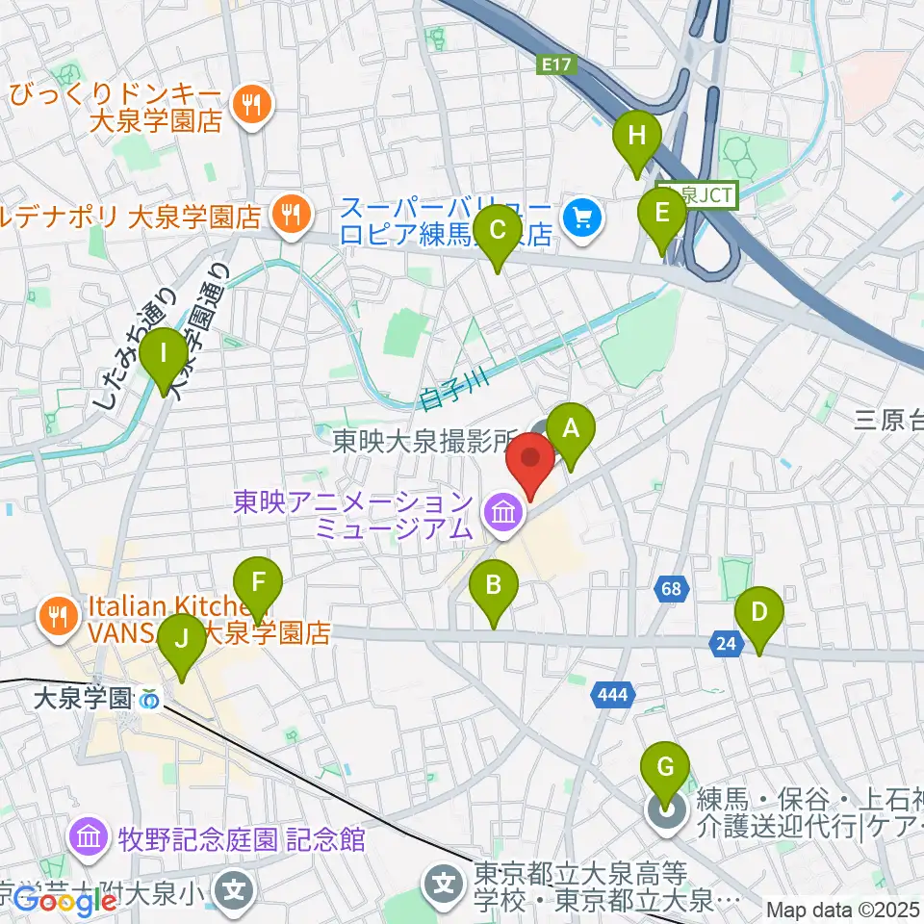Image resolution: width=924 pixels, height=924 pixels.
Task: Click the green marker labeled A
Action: point(571,427)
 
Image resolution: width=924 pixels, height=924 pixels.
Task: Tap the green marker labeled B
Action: point(494,585)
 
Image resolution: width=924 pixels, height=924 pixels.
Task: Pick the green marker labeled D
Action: point(759,612)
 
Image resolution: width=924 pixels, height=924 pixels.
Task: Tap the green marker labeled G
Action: point(664,768)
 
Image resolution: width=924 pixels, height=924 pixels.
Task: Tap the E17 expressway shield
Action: point(550,64)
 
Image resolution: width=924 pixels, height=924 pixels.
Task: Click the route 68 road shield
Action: point(671,586)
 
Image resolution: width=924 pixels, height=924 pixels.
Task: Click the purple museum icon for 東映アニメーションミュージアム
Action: point(503,515)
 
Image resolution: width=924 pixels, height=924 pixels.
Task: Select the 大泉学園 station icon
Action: point(150,700)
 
